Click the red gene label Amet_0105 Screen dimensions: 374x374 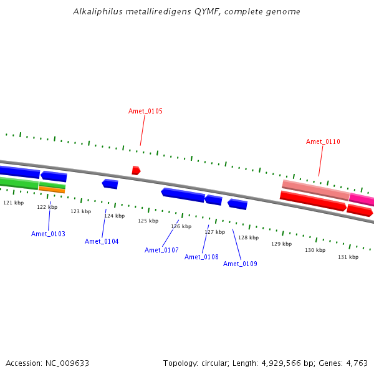click(x=145, y=111)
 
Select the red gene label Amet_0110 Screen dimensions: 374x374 click(x=323, y=141)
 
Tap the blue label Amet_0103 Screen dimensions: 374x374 click(x=48, y=234)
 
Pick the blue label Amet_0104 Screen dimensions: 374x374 click(x=102, y=241)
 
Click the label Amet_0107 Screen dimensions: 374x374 click(x=161, y=250)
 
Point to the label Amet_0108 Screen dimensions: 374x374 click(x=201, y=257)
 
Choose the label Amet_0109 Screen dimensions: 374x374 click(x=240, y=264)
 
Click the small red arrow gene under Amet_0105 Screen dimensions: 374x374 click(x=136, y=170)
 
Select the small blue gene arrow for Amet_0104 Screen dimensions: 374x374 click(x=110, y=184)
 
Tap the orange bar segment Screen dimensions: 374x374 click(x=52, y=190)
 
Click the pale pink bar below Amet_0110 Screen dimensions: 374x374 click(x=316, y=190)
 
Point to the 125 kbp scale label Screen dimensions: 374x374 click(x=148, y=221)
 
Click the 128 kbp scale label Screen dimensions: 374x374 click(x=249, y=237)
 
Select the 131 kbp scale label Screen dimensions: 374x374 click(x=348, y=257)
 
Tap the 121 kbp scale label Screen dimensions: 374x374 click(x=14, y=203)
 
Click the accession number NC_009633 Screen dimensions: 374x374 click(x=67, y=363)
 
